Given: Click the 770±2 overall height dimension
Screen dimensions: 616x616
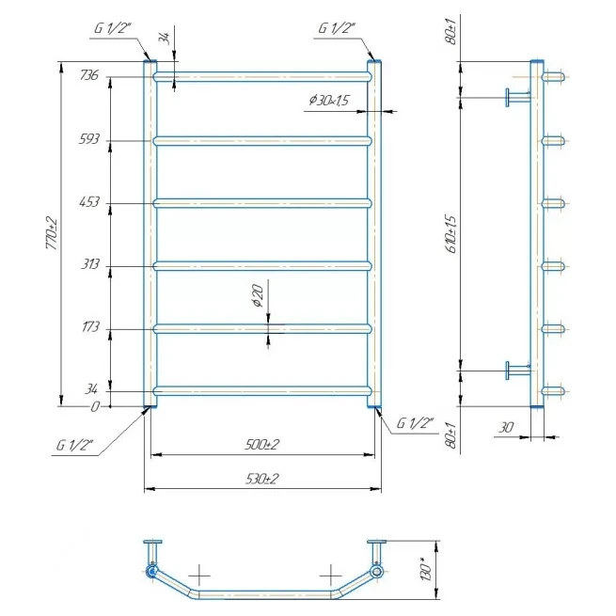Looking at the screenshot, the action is click(53, 233).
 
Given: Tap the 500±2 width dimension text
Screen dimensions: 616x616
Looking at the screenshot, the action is click(262, 445).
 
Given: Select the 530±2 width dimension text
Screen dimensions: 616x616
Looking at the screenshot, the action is click(262, 479).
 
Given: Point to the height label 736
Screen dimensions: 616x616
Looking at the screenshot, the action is click(89, 74).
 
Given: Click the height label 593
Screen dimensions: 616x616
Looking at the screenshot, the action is click(89, 139).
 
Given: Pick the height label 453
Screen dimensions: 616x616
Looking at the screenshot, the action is click(89, 202).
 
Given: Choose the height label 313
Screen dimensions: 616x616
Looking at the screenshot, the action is click(90, 263).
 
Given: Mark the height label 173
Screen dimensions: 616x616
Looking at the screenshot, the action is click(90, 326).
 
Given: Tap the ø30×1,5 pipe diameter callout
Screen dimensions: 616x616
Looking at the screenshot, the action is click(329, 101).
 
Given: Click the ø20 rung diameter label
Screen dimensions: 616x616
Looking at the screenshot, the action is click(258, 295).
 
